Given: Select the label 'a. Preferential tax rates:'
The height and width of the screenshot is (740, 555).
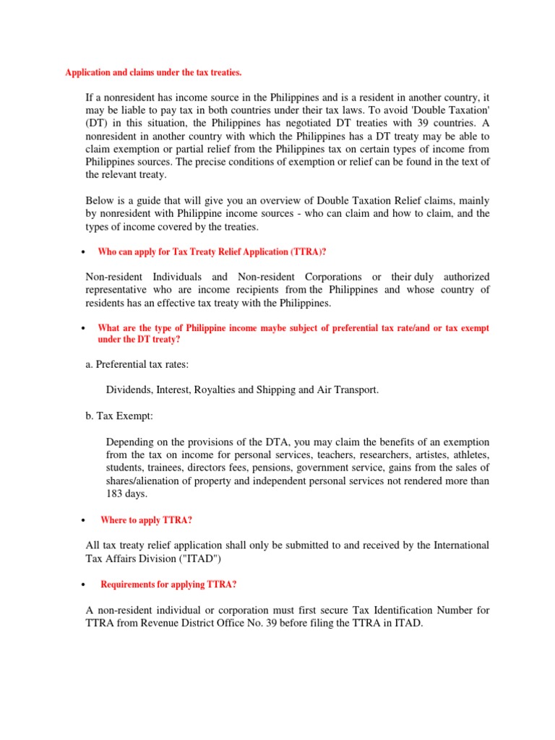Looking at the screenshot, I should tap(137, 364).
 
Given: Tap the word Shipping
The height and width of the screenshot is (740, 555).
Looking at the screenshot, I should tap(275, 390).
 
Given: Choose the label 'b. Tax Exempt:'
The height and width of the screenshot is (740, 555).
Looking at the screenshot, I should tap(119, 416).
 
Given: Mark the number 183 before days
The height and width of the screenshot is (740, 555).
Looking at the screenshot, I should tap(116, 494).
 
